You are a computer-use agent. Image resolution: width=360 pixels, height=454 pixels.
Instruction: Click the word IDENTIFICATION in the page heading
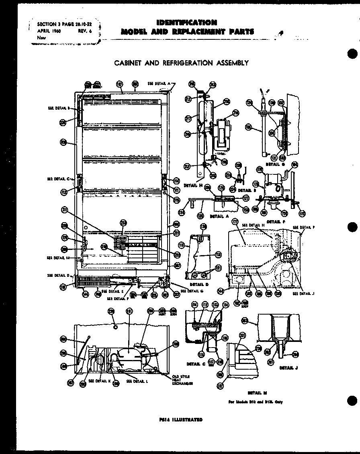point(186,22)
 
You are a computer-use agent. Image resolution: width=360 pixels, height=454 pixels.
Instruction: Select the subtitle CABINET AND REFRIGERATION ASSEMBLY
point(181,63)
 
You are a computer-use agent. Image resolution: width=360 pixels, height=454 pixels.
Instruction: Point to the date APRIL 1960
point(49,31)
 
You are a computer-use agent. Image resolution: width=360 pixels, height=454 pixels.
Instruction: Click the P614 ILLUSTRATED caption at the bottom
point(181,419)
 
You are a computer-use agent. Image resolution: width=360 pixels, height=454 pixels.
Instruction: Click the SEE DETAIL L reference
point(137,381)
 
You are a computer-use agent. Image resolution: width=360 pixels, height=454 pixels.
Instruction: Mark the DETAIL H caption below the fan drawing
point(190,185)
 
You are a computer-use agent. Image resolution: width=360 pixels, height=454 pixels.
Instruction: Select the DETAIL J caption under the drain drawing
point(288,368)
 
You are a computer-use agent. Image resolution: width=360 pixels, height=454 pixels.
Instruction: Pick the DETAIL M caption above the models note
point(257,393)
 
